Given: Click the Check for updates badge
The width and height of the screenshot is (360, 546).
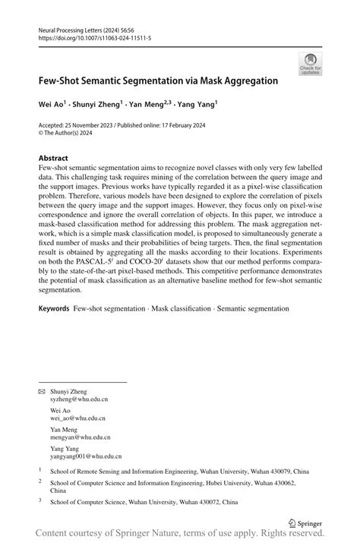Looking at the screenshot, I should (310, 64).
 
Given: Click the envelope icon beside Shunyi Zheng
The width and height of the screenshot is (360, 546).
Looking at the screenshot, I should (42, 391).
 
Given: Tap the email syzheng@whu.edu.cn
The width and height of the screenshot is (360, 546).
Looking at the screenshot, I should (79, 398).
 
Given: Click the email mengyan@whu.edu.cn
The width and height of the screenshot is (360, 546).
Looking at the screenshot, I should (81, 437).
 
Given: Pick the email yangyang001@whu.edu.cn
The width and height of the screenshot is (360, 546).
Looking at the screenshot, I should (86, 456).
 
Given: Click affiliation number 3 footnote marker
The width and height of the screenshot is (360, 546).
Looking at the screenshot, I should (39, 500).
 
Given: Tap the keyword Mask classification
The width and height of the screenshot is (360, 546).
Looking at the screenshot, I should (184, 309).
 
